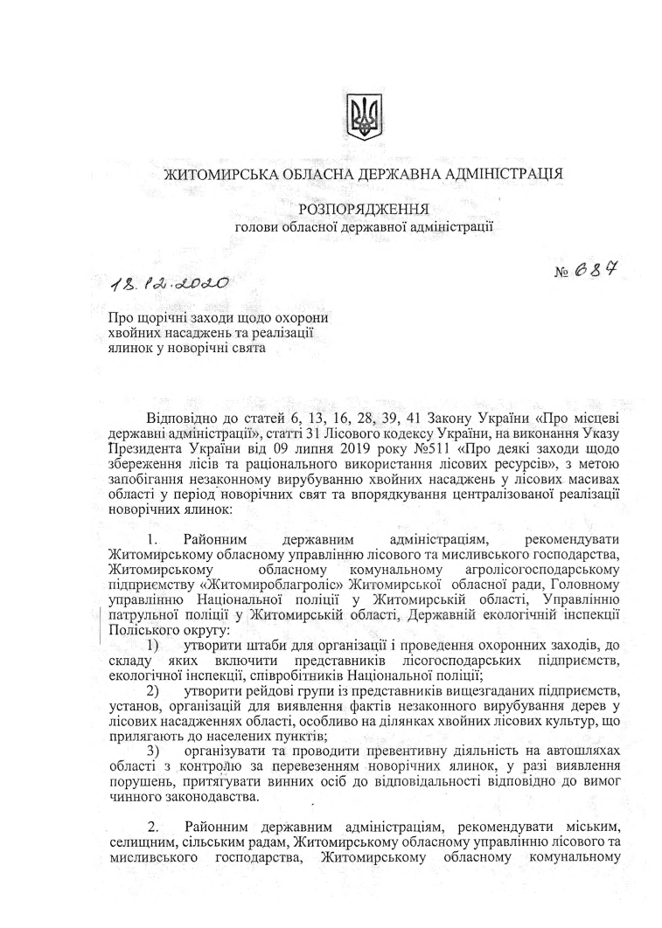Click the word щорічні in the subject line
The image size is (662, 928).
point(159,320)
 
